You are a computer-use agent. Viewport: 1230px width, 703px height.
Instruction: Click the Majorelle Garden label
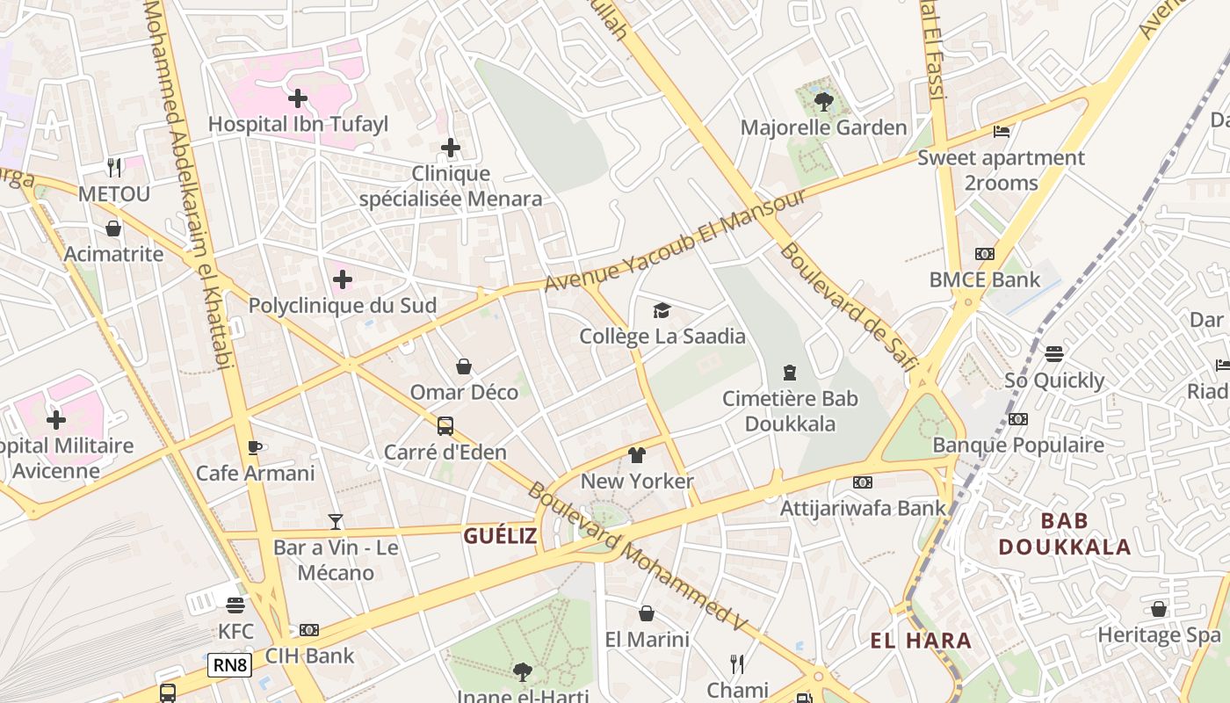tap(823, 127)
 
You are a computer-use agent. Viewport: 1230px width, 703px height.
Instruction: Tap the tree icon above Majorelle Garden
tap(823, 102)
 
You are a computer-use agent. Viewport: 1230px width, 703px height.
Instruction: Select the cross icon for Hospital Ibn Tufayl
tap(298, 98)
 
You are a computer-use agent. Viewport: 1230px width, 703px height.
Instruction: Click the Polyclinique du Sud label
tap(343, 306)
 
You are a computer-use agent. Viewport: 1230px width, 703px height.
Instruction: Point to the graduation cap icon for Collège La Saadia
tap(662, 310)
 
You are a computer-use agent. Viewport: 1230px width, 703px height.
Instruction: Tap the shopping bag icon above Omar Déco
tap(464, 366)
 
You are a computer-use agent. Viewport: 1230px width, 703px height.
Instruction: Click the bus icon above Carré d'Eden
tap(445, 426)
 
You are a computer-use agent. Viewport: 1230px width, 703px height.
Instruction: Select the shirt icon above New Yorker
tap(637, 455)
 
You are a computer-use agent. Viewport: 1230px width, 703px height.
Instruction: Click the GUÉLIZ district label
tap(500, 536)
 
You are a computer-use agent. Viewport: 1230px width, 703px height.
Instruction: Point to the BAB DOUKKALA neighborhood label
tap(1064, 533)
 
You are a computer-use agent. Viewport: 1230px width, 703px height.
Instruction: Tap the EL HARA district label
tap(921, 641)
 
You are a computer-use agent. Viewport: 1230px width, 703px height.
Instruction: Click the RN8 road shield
tap(230, 665)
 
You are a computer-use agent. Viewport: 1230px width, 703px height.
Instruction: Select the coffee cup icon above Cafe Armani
tap(255, 448)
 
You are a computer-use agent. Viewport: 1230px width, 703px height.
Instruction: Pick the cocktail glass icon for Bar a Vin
tap(336, 522)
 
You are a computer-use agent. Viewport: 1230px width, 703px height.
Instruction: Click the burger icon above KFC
tap(235, 605)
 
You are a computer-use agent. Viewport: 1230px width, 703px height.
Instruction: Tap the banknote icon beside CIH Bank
tap(308, 630)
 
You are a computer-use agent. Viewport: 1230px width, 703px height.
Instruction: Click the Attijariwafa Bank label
tap(863, 507)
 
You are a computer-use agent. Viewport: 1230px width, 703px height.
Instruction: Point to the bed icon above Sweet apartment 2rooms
tap(1001, 133)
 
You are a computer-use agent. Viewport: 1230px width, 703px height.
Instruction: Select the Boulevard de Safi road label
tap(849, 307)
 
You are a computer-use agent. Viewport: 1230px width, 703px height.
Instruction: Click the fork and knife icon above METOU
tap(114, 167)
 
